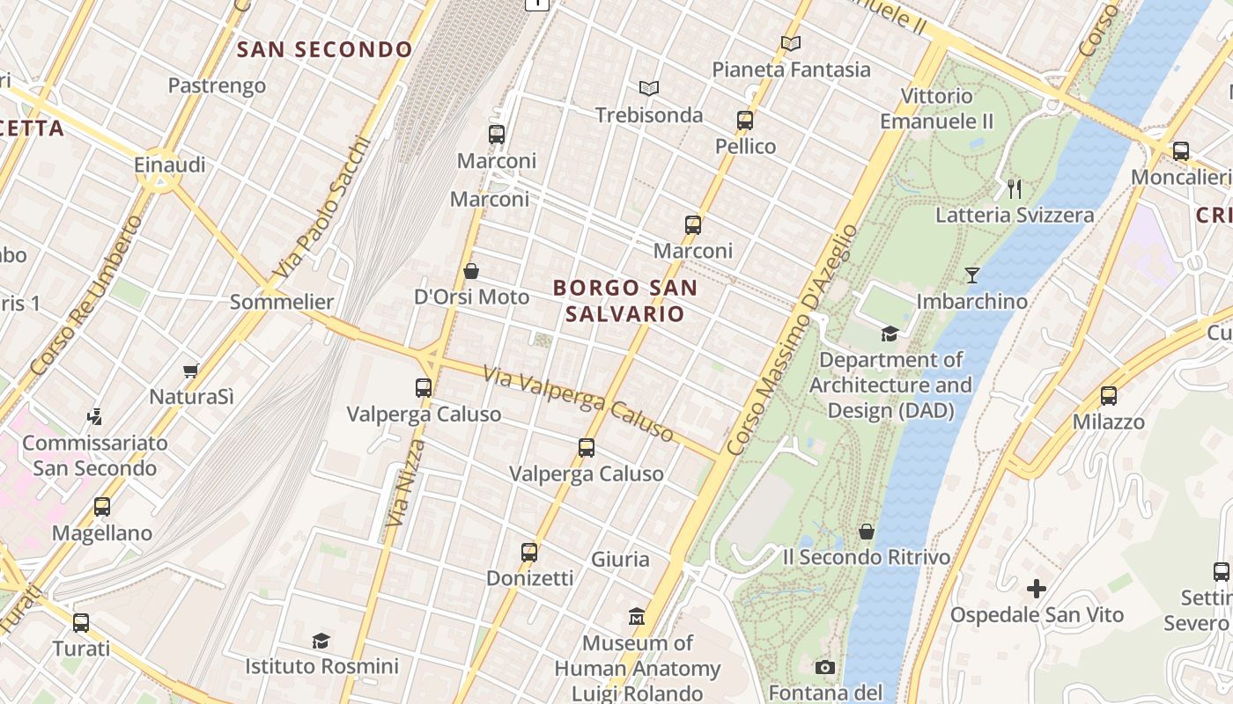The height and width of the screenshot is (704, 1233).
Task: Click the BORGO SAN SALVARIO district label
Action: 624,300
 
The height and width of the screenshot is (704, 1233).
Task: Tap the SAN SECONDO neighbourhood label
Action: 325,49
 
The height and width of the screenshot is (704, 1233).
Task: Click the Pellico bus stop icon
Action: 745,121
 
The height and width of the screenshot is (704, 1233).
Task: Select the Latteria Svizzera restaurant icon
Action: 1014,187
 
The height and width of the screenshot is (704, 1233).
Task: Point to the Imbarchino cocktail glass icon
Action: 971,275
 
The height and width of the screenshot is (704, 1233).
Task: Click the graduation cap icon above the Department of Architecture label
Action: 890,334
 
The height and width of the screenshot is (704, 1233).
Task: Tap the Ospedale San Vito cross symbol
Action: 1037,588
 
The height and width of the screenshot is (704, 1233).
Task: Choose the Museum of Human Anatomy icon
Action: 637,616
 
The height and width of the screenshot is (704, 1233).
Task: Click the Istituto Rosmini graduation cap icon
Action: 321,641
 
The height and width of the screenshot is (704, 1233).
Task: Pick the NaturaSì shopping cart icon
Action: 191,371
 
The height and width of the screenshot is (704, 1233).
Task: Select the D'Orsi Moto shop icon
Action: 471,271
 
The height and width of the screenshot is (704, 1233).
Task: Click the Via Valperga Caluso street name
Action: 578,404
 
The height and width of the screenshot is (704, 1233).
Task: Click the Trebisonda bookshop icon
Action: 649,88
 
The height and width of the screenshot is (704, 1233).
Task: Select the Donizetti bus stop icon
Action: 529,553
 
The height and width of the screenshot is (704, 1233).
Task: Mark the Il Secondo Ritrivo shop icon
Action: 867,532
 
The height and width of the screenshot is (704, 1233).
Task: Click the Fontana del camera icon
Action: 825,668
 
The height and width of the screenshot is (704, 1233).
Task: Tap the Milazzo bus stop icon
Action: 1109,396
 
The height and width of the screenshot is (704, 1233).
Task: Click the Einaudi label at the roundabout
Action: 170,165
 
